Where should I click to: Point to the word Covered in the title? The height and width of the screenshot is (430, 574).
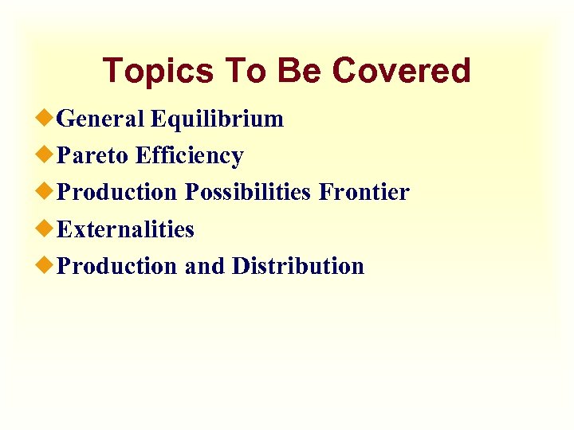tap(401, 71)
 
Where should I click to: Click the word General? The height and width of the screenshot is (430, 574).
tap(101, 119)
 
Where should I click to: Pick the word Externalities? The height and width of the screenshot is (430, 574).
tap(126, 230)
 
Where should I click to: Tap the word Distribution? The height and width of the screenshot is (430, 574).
tap(297, 266)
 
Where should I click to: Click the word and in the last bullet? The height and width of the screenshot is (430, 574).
tap(205, 266)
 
